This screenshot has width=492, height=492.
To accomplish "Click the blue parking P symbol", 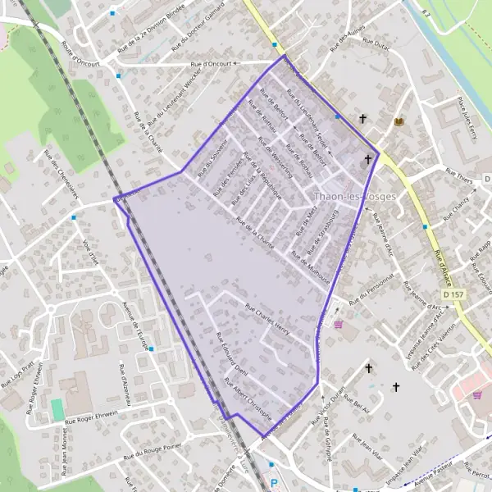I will pos(274,484).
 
